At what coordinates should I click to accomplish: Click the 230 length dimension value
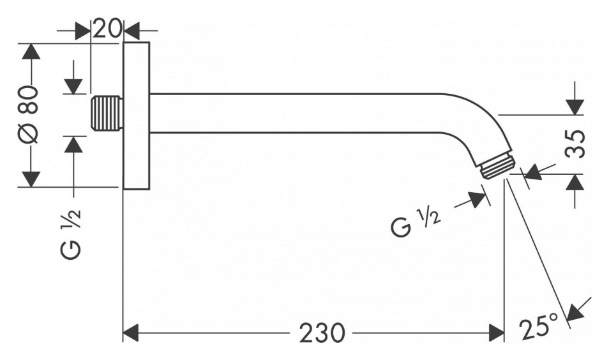322,333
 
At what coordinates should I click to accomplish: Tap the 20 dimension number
107,29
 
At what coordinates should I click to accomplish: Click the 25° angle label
539,327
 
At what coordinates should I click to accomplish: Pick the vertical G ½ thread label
71,234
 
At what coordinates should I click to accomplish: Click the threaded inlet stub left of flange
107,114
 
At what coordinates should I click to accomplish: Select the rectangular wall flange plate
137,116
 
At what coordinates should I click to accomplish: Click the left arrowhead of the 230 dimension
131,333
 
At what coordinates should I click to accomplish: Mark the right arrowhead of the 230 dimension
496,333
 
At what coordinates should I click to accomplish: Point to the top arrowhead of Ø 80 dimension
31,51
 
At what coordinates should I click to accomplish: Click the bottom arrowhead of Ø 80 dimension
31,179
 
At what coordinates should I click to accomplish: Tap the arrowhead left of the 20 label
82,31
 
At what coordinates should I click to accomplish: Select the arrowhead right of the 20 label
132,31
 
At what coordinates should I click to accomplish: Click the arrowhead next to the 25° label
576,313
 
